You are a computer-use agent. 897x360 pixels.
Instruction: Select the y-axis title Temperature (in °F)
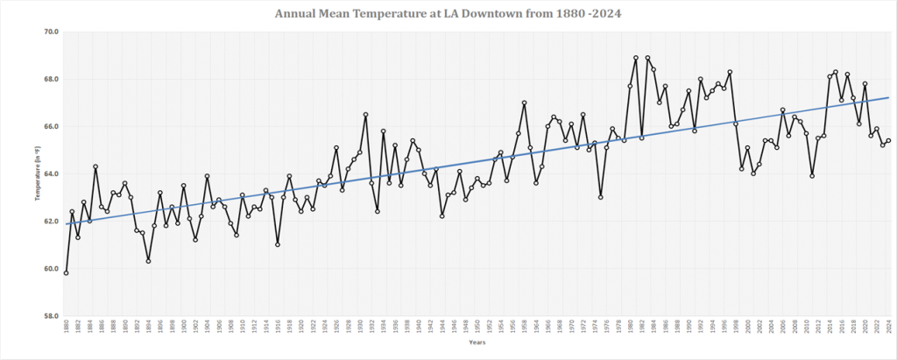37,173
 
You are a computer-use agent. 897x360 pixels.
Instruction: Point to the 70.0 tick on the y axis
51,32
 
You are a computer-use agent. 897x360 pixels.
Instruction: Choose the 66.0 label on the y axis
51,126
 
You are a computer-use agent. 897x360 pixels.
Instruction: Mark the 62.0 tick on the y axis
51,221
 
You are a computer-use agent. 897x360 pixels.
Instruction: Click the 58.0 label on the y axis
51,315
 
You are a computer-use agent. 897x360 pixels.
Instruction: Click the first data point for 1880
67,272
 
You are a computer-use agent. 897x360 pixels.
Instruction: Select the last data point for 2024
888,140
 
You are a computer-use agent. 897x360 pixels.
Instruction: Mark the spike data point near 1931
365,114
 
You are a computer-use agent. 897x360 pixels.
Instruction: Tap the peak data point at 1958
524,102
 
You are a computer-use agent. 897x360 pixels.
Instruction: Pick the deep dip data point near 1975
600,197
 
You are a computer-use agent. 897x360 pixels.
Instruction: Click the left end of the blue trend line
67,223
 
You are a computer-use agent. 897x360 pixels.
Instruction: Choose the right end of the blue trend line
888,98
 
